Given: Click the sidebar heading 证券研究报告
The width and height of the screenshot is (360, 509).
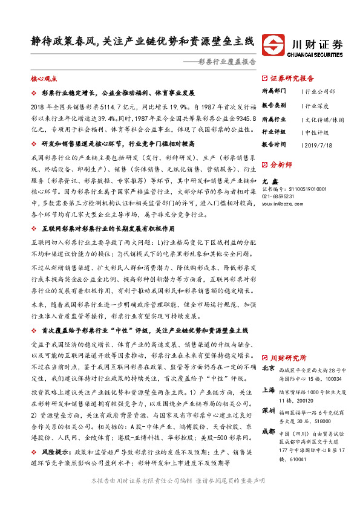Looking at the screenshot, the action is pos(292,79).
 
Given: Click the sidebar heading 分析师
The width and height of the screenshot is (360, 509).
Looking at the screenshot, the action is pos(281,164).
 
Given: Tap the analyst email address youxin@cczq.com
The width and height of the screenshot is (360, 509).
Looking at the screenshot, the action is pos(286,204).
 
